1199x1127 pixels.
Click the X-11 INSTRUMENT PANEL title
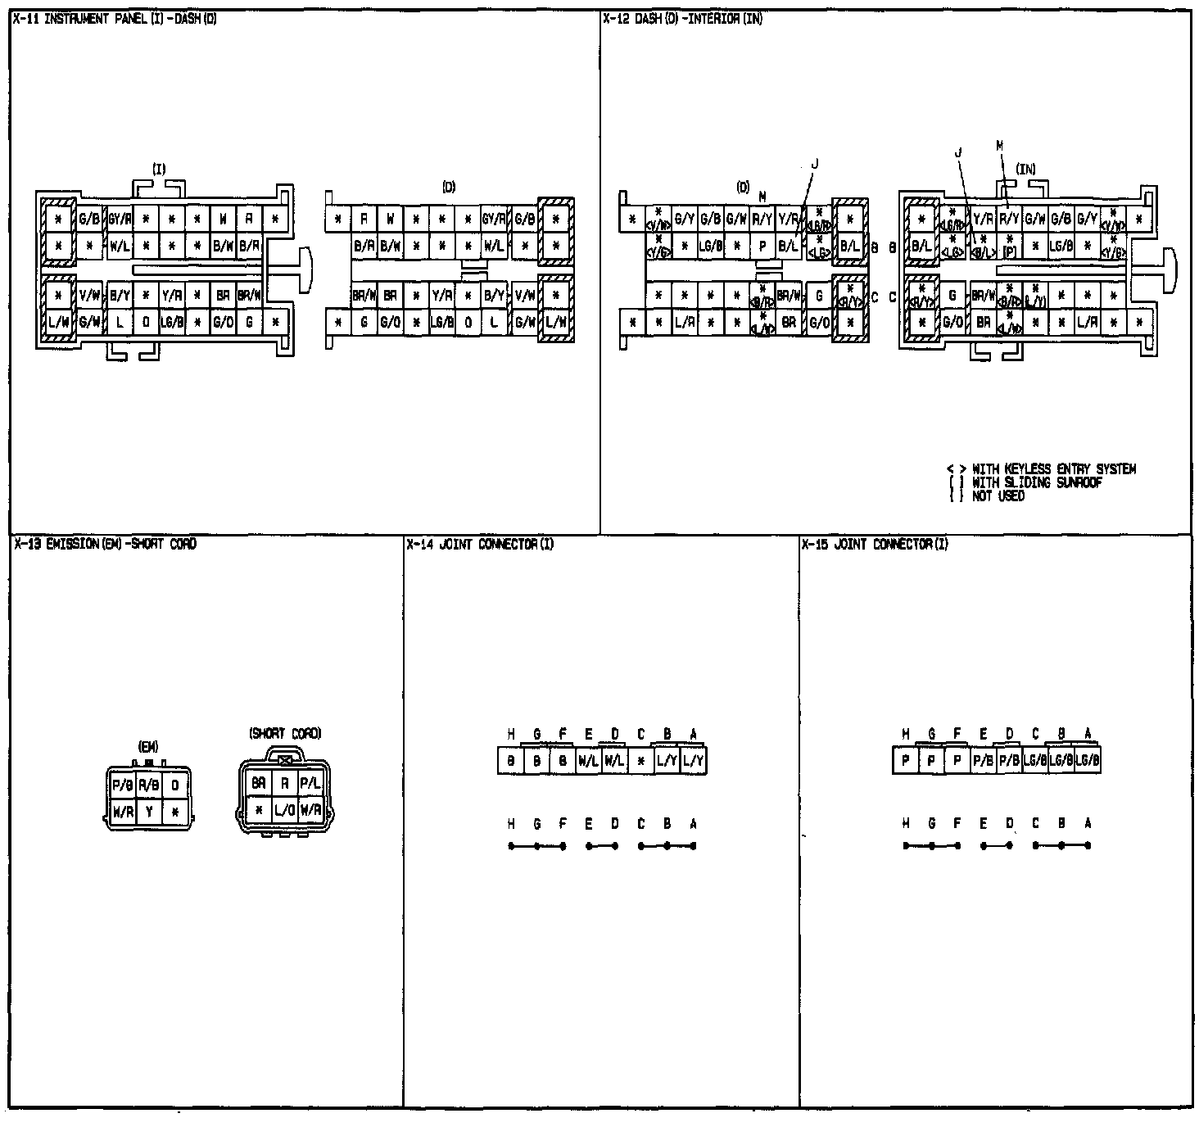click(115, 18)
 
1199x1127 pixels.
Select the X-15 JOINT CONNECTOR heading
click(874, 544)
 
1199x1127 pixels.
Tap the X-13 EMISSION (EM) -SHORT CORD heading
click(105, 544)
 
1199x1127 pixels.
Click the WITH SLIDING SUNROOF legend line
click(1036, 482)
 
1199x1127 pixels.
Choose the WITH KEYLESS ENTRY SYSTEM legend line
click(1053, 469)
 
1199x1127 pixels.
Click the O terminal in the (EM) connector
click(174, 785)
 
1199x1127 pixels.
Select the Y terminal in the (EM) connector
click(149, 812)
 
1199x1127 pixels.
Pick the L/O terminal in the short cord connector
click(284, 811)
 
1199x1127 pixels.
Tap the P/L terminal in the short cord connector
click(310, 784)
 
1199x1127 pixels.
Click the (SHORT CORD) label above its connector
click(285, 734)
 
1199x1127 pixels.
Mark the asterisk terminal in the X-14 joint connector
click(640, 762)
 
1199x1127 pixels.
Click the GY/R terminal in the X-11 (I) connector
click(120, 220)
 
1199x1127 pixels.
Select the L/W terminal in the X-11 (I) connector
click(58, 323)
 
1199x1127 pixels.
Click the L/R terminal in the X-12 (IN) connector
click(1087, 323)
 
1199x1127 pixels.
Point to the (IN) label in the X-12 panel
click(1025, 170)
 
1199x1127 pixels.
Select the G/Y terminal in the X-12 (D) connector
click(684, 220)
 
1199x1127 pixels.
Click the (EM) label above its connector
click(148, 746)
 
